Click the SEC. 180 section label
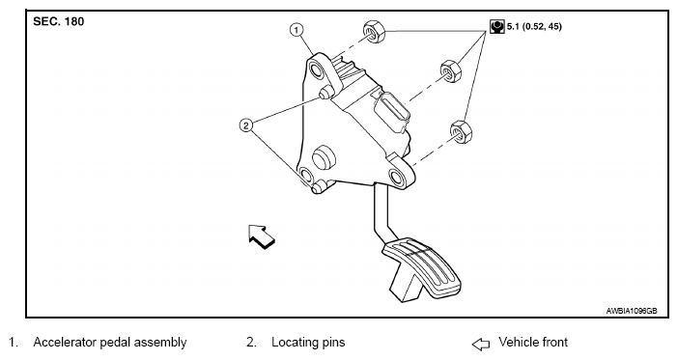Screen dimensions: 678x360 (x=58, y=21)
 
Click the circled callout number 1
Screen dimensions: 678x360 (x=297, y=30)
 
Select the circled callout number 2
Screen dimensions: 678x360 (x=246, y=125)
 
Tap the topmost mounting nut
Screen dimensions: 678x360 (x=374, y=32)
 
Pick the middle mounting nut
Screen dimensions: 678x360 (x=451, y=71)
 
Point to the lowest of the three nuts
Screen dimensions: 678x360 (x=461, y=132)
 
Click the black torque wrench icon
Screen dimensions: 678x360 (x=497, y=26)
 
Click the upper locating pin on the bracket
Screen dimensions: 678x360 (x=325, y=92)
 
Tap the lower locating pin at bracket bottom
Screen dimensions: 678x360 (x=318, y=187)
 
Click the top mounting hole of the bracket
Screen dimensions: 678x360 (x=317, y=70)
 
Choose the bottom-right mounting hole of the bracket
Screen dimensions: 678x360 (x=397, y=178)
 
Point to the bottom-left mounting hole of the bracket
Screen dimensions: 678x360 (x=306, y=176)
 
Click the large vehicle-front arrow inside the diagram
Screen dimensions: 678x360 (x=261, y=236)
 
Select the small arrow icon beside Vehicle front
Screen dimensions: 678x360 (x=480, y=344)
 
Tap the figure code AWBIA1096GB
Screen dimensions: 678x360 (x=632, y=311)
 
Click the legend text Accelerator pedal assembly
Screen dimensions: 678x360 (x=110, y=343)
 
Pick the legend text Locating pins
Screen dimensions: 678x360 (x=308, y=343)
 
